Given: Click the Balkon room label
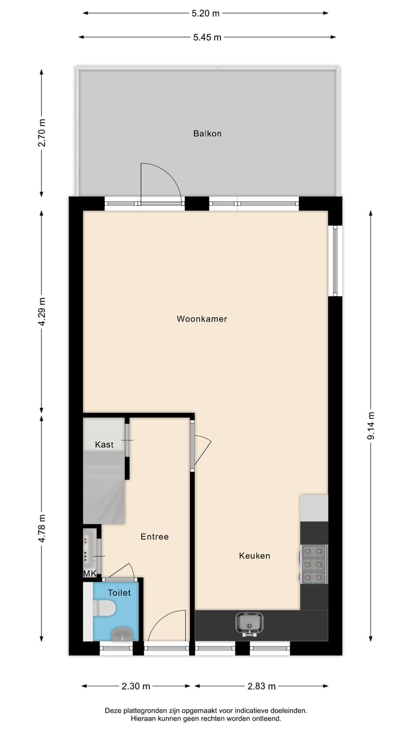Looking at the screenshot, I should pyautogui.click(x=207, y=134).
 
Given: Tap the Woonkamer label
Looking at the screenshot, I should pyautogui.click(x=202, y=319).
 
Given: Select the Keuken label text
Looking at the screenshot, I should pyautogui.click(x=255, y=556).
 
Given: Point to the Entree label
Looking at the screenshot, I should pyautogui.click(x=154, y=537).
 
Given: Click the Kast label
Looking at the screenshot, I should pyautogui.click(x=104, y=444).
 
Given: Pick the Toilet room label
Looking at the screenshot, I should pyautogui.click(x=119, y=593).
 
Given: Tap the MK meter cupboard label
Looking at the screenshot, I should pyautogui.click(x=90, y=574).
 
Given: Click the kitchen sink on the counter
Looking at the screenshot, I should pyautogui.click(x=249, y=623).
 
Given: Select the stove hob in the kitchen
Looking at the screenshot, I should pyautogui.click(x=314, y=564).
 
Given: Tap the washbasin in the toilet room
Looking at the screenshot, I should pyautogui.click(x=122, y=633).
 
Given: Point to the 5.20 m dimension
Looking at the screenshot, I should pyautogui.click(x=206, y=13).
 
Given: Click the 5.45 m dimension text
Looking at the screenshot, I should pyautogui.click(x=207, y=37).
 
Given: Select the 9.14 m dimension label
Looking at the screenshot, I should pyautogui.click(x=371, y=426).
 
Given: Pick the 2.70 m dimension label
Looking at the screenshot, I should pyautogui.click(x=41, y=132).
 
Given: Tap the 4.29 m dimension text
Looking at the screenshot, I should pyautogui.click(x=41, y=312).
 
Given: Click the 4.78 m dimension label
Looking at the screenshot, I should pyautogui.click(x=41, y=529).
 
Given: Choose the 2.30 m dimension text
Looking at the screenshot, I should pyautogui.click(x=136, y=686).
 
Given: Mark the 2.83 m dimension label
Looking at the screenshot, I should pyautogui.click(x=262, y=686).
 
